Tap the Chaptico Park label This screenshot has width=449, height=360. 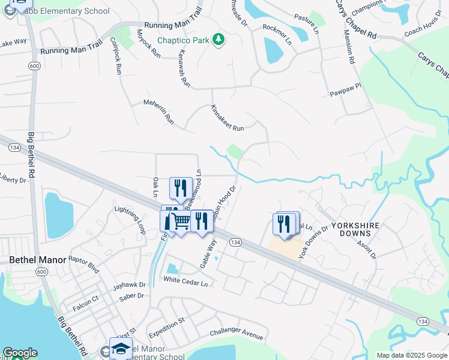pyautogui.click(x=183, y=41)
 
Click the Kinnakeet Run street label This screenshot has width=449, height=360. pyautogui.click(x=228, y=119)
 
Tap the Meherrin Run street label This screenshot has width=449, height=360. pyautogui.click(x=158, y=112)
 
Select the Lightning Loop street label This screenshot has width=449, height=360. pyautogui.click(x=130, y=220)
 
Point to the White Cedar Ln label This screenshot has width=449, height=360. pyautogui.click(x=189, y=282)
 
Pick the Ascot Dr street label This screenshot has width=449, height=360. pyautogui.click(x=366, y=247)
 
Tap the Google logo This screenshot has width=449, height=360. pyautogui.click(x=20, y=353)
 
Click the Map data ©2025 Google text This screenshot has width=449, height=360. pyautogui.click(x=412, y=355)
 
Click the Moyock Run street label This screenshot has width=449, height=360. pyautogui.click(x=149, y=44)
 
